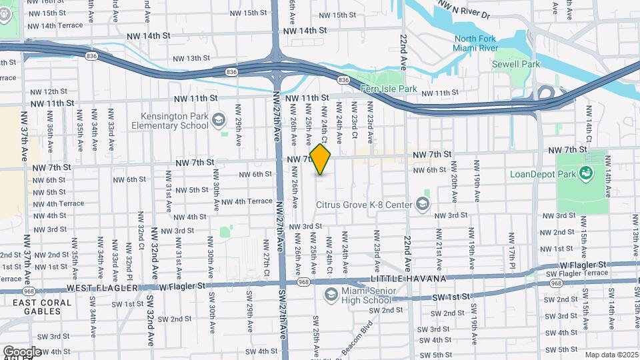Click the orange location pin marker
pyautogui.click(x=320, y=160)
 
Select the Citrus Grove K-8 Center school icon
pyautogui.click(x=423, y=203)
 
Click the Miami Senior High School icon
pyautogui.click(x=330, y=294)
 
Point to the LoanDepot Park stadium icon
pyautogui.click(x=587, y=175)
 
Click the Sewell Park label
pyautogui.click(x=529, y=64)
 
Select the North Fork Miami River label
pyautogui.click(x=474, y=44)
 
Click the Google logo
pyautogui.click(x=21, y=351)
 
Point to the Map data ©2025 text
pyautogui.click(x=611, y=355)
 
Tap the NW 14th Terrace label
pyautogui.click(x=56, y=26)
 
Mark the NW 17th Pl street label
pyautogui.click(x=511, y=247)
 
